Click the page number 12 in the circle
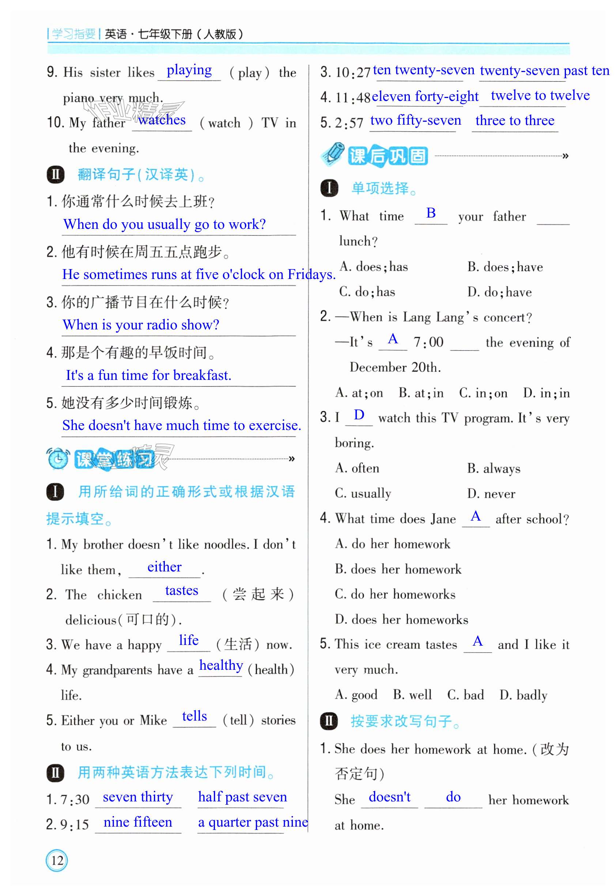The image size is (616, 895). [57, 860]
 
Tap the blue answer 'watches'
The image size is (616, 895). [162, 120]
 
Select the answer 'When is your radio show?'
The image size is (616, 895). [141, 325]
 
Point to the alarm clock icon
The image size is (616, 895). [58, 458]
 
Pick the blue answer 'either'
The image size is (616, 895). [165, 567]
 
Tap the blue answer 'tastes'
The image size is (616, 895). [181, 590]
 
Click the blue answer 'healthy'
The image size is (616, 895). [221, 665]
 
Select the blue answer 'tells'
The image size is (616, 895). [194, 716]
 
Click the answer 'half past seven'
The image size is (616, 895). [242, 797]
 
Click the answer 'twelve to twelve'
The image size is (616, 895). [540, 95]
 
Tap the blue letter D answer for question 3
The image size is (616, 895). [359, 415]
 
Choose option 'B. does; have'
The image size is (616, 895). [505, 267]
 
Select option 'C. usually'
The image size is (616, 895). [363, 493]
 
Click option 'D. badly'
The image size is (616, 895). [523, 695]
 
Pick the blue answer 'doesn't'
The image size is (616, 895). [389, 797]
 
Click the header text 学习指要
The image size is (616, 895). [73, 34]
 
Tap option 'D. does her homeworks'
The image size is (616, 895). [401, 619]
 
